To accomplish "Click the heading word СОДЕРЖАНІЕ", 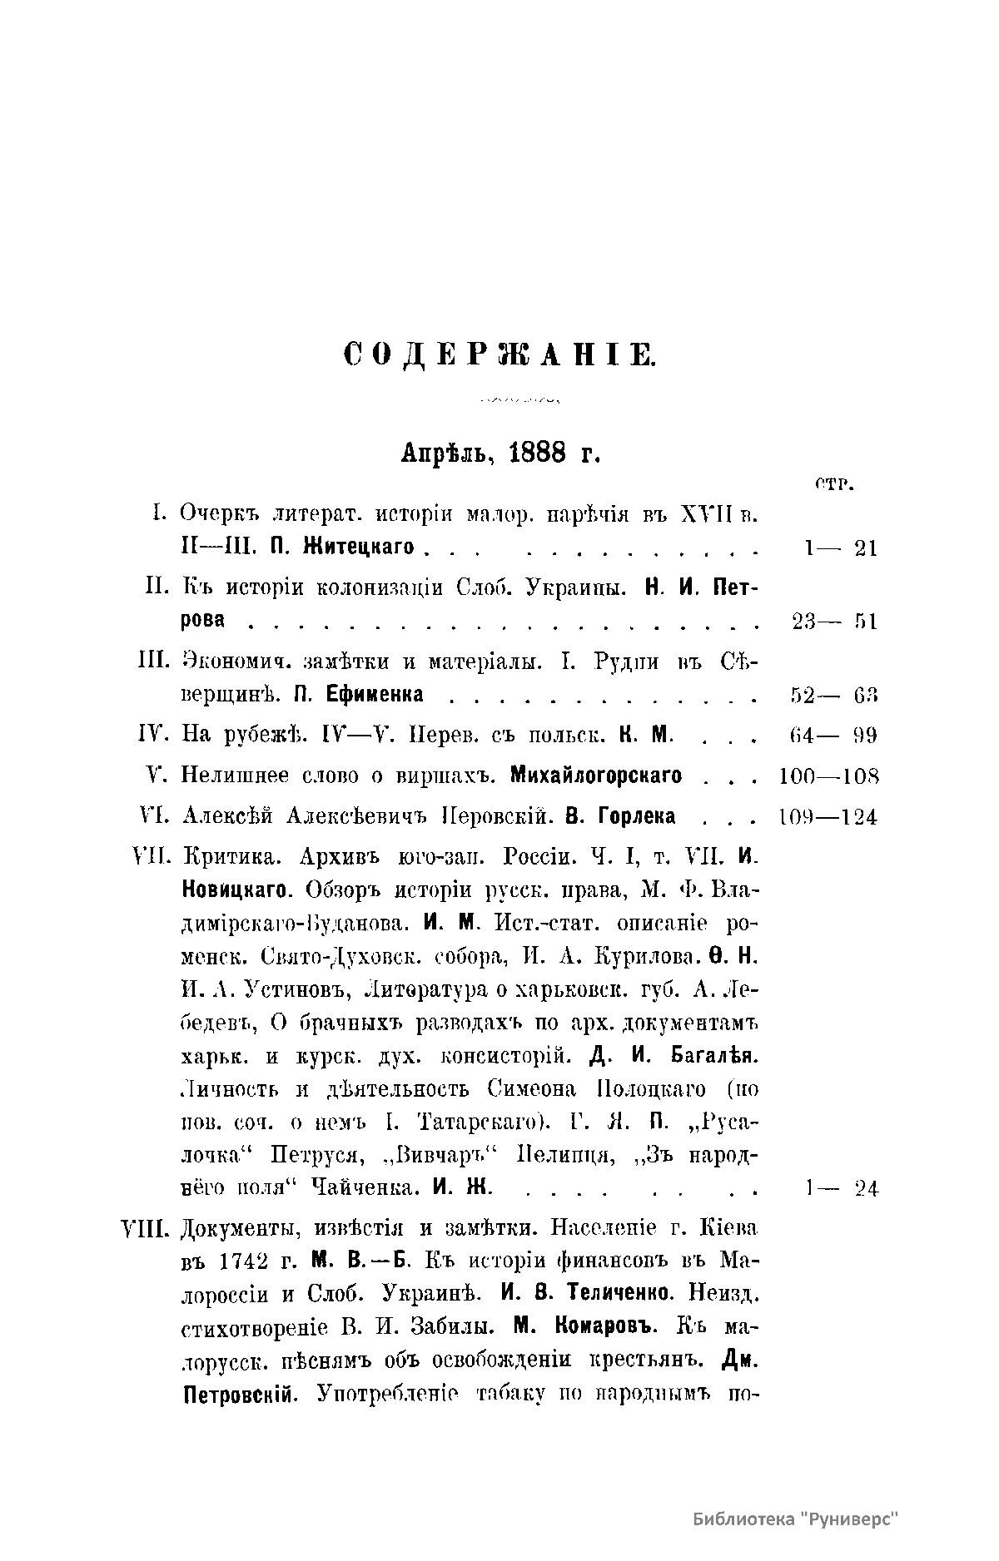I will pos(499,355).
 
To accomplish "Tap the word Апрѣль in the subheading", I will pos(449,453).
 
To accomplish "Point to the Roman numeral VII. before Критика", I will pos(152,857).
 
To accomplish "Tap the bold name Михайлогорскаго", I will pos(596,776).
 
